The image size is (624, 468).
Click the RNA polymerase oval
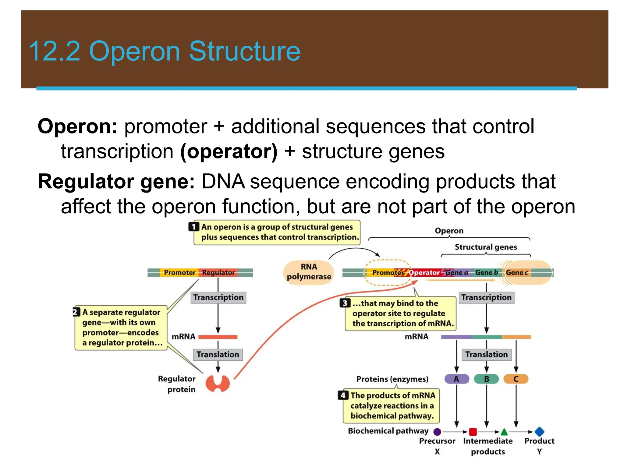(x=308, y=272)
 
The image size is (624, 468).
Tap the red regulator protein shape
(x=218, y=383)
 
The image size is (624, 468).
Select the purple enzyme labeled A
(x=456, y=379)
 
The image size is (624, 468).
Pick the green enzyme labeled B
(x=486, y=379)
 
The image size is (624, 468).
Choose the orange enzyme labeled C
(x=516, y=379)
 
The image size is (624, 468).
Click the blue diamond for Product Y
(x=539, y=431)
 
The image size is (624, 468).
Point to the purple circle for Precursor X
(x=437, y=432)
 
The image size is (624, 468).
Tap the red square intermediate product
(x=473, y=432)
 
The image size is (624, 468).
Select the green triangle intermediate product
(x=504, y=432)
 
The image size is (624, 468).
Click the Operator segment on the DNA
(x=424, y=272)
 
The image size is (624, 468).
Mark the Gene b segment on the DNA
(x=486, y=272)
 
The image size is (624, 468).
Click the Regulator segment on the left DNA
(x=218, y=272)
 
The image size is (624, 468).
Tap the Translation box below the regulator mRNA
(x=218, y=354)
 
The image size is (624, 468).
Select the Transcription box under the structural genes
(x=486, y=297)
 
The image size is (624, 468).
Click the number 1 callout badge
(x=193, y=227)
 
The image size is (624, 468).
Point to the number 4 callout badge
(x=343, y=395)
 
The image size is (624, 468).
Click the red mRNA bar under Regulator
(x=218, y=337)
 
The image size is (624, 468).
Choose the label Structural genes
(x=486, y=247)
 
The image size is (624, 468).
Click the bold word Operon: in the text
(x=77, y=126)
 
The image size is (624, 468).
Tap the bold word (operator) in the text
(x=229, y=151)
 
